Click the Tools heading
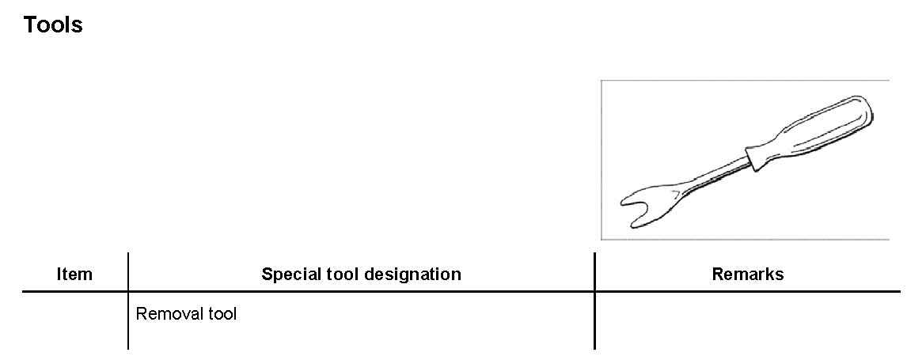53,25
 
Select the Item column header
74,275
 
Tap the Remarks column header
747,275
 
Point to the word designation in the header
409,275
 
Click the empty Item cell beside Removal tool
74,320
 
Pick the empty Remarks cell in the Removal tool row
747,320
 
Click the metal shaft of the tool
716,174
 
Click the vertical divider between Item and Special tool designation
128,301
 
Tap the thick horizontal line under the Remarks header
747,292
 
